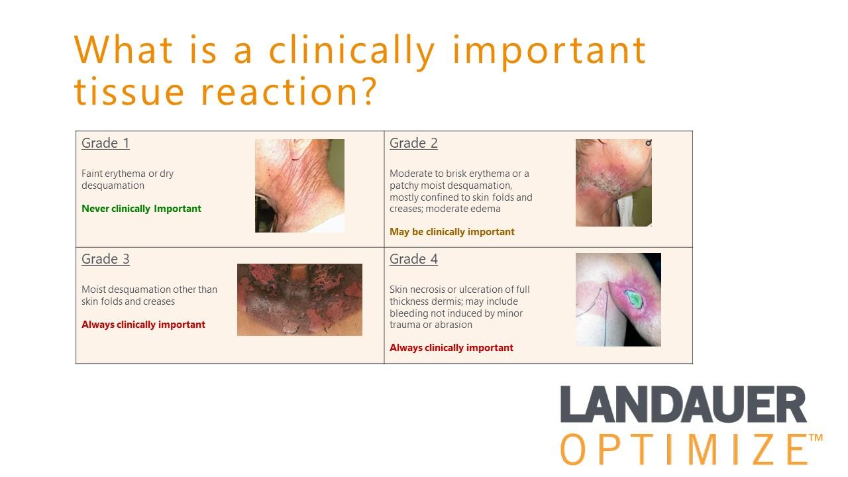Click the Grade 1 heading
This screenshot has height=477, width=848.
(x=105, y=143)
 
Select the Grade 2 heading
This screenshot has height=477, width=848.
(x=414, y=143)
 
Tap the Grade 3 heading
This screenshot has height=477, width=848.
(x=105, y=259)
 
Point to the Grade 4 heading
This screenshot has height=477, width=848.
(x=414, y=259)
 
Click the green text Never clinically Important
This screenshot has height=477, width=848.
(x=141, y=209)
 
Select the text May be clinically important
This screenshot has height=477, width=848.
(x=452, y=232)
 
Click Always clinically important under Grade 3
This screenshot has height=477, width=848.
(x=143, y=325)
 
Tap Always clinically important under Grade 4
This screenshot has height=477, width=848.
(x=451, y=348)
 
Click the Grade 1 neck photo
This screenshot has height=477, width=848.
(x=299, y=185)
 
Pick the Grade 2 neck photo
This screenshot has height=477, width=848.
(x=613, y=182)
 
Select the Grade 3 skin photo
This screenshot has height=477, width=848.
(x=299, y=299)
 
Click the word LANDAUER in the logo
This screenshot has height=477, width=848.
(x=683, y=404)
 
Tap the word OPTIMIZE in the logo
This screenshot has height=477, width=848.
(x=684, y=449)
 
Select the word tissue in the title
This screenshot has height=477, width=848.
(x=129, y=91)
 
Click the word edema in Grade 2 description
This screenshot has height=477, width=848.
(x=487, y=209)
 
